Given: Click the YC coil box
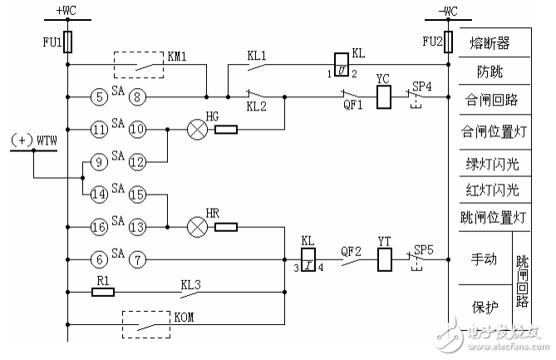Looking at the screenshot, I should click(x=384, y=97).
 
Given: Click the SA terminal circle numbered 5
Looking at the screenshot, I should click(x=98, y=97).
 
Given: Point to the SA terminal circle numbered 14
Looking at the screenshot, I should click(x=98, y=194).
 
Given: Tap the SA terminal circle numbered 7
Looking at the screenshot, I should click(x=138, y=259).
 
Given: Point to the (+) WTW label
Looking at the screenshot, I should click(x=32, y=142).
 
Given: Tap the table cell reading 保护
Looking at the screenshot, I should click(x=485, y=305).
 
